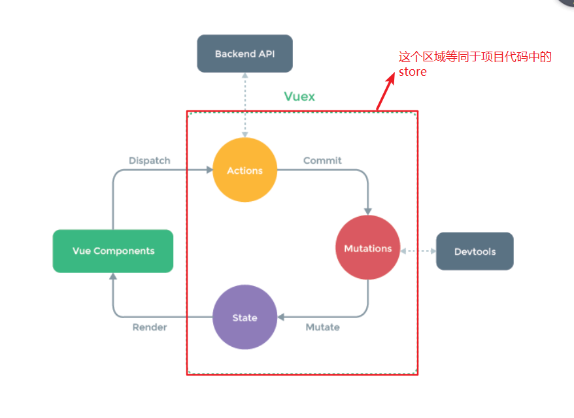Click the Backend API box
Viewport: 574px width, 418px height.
(245, 54)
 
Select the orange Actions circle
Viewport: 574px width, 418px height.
(245, 170)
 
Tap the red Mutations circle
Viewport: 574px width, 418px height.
(368, 248)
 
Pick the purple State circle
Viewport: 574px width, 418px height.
(245, 317)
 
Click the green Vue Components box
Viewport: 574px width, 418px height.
(113, 251)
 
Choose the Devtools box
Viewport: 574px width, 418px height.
(475, 251)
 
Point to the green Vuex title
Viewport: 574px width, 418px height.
(299, 97)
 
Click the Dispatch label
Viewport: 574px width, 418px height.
(149, 161)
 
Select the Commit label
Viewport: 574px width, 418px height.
(322, 161)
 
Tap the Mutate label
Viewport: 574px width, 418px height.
(322, 327)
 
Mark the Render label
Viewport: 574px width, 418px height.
(150, 327)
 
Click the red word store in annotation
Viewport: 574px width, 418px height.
(413, 72)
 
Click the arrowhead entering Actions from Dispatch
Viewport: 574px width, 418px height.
(210, 170)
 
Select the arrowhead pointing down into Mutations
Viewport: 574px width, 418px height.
(368, 212)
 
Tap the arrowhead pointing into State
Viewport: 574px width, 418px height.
(280, 317)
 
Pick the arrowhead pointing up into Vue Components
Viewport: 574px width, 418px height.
(113, 276)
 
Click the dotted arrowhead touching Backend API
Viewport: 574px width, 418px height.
(245, 75)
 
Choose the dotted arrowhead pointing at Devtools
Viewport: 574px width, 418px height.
(433, 251)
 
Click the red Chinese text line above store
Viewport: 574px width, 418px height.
(475, 57)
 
